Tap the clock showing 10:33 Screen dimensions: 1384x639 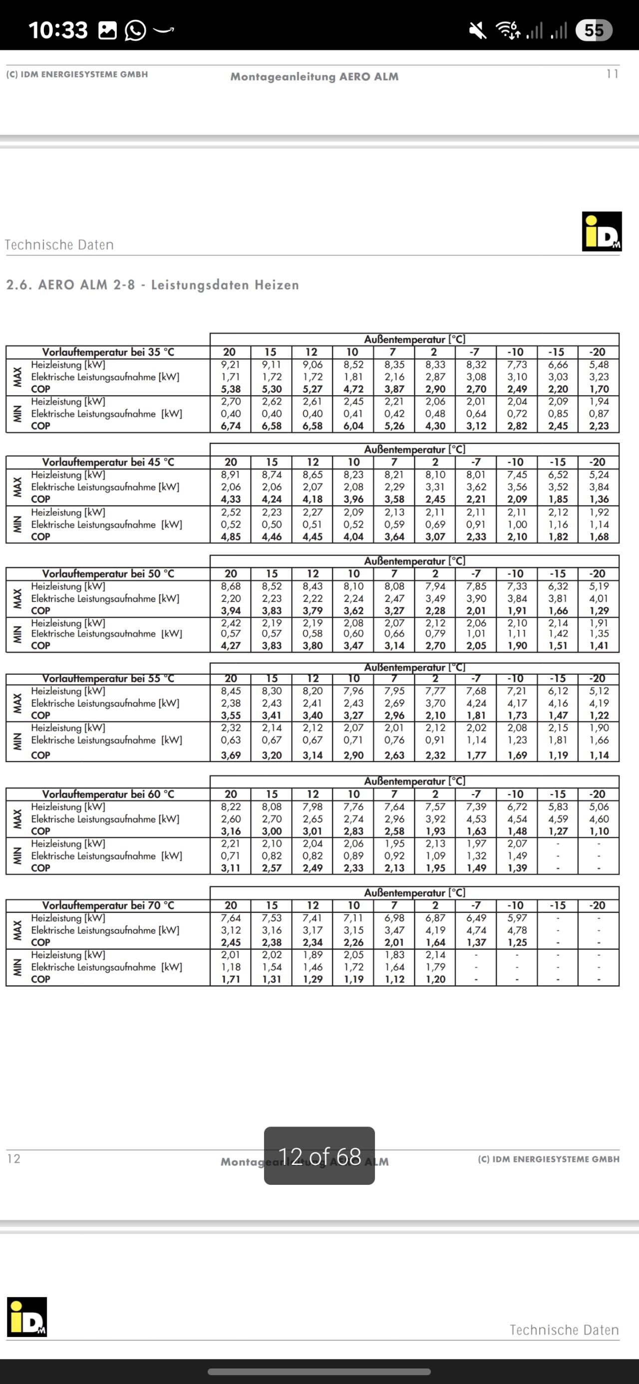pyautogui.click(x=58, y=30)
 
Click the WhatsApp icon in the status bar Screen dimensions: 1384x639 pyautogui.click(x=135, y=30)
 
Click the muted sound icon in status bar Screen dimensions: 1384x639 pyautogui.click(x=477, y=30)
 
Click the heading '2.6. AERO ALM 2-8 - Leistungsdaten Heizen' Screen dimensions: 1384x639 pyautogui.click(x=153, y=285)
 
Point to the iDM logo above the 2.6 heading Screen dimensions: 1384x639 pyautogui.click(x=602, y=231)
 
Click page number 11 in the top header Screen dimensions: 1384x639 pyautogui.click(x=612, y=74)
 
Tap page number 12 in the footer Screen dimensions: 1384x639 pyautogui.click(x=14, y=1159)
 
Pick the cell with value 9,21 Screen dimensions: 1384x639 pyautogui.click(x=231, y=365)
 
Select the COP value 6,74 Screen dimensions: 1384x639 pyautogui.click(x=231, y=426)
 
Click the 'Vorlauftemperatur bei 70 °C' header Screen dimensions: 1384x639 pyautogui.click(x=108, y=905)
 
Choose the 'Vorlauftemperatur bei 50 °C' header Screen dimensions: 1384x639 pyautogui.click(x=108, y=574)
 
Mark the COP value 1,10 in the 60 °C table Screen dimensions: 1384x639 pyautogui.click(x=599, y=831)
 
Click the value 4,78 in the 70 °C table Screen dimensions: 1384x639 pyautogui.click(x=517, y=930)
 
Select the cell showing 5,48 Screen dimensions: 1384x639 pyautogui.click(x=599, y=365)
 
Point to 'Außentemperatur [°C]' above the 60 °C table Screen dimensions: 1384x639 pyautogui.click(x=414, y=781)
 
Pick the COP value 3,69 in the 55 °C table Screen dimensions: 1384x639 pyautogui.click(x=231, y=755)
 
